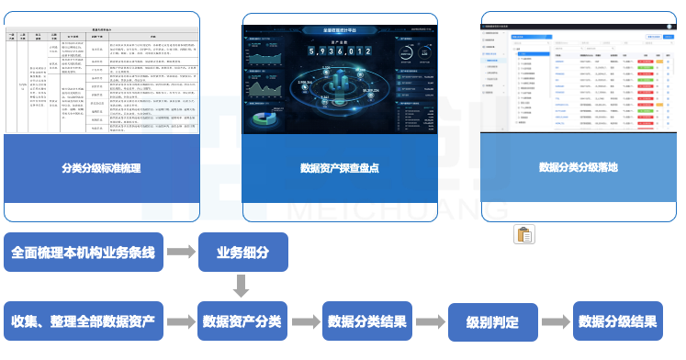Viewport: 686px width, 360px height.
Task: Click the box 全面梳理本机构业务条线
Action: (84, 252)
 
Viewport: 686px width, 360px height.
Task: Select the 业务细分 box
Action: (243, 252)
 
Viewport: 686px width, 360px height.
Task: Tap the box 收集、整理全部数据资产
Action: (84, 321)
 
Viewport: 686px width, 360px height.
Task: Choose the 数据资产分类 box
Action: (243, 321)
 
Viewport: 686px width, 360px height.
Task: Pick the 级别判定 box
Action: (492, 322)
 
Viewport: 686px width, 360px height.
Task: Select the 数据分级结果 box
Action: (617, 321)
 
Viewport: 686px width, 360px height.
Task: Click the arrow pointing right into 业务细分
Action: (181, 252)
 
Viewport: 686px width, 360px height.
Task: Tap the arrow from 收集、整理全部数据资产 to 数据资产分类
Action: (181, 321)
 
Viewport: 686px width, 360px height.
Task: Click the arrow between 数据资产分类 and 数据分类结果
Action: (305, 321)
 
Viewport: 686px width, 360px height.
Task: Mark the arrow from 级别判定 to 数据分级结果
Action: (555, 322)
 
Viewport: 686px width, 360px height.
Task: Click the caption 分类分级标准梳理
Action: (101, 168)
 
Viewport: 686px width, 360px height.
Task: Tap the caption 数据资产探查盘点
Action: (340, 168)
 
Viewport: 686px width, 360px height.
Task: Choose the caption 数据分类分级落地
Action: (579, 168)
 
